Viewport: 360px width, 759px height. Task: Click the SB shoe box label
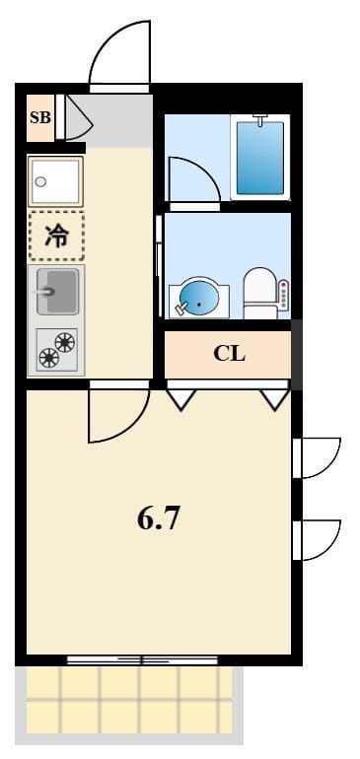tap(40, 117)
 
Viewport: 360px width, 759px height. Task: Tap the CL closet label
tap(229, 355)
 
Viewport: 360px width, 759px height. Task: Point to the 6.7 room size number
tap(159, 519)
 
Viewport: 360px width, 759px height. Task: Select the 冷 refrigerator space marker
tap(56, 236)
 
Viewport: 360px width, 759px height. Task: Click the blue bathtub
tap(260, 157)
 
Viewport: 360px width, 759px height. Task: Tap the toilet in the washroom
tap(259, 294)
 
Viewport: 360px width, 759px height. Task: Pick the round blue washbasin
tap(198, 298)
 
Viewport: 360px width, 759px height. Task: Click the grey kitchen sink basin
tap(57, 292)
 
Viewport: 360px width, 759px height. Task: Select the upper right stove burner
tap(65, 343)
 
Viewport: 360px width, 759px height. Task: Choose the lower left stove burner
tap(48, 359)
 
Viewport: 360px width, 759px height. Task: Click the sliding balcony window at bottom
tap(142, 659)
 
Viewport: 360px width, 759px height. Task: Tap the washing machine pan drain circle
tap(40, 182)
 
